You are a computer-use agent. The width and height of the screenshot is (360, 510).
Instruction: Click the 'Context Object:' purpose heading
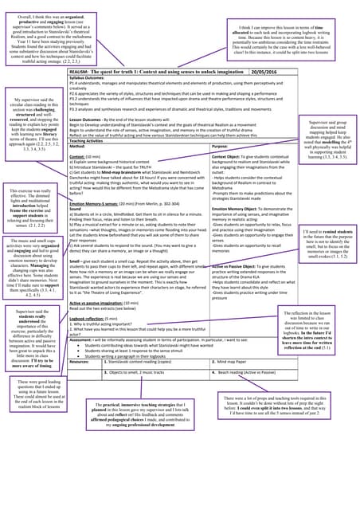[x=227, y=157]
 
